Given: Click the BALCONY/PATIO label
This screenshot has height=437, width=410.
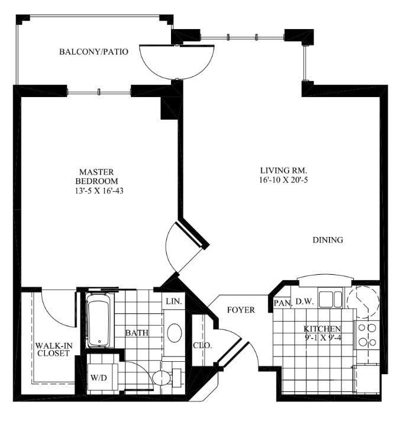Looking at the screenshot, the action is click(x=93, y=52).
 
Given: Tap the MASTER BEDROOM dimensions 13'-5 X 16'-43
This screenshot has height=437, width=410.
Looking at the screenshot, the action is click(x=99, y=191).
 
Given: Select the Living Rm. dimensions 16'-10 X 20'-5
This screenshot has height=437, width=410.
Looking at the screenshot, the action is click(x=283, y=180).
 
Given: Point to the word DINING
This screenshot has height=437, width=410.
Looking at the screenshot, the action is click(x=328, y=240).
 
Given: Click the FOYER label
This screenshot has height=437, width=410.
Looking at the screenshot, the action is click(x=241, y=310).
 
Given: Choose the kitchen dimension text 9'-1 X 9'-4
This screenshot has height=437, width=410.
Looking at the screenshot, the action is click(x=323, y=338).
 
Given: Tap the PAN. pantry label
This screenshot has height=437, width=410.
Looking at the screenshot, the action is click(x=283, y=303).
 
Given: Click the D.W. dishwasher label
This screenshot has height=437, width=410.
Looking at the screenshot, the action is click(x=305, y=301).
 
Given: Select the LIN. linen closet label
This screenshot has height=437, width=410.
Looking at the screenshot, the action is click(x=174, y=301).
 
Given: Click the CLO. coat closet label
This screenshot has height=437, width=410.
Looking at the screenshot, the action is click(x=202, y=346).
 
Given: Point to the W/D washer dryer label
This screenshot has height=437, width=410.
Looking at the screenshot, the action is click(x=99, y=378).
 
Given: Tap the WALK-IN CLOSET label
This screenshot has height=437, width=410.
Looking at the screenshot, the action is click(x=54, y=349).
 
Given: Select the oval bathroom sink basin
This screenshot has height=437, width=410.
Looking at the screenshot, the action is click(x=175, y=333).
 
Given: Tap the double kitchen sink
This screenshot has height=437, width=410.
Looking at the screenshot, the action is click(x=330, y=299).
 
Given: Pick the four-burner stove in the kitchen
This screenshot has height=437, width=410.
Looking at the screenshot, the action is click(x=367, y=335).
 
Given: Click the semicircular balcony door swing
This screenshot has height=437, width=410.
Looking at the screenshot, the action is click(x=177, y=62).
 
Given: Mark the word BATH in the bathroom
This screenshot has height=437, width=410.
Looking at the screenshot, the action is click(x=137, y=333).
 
